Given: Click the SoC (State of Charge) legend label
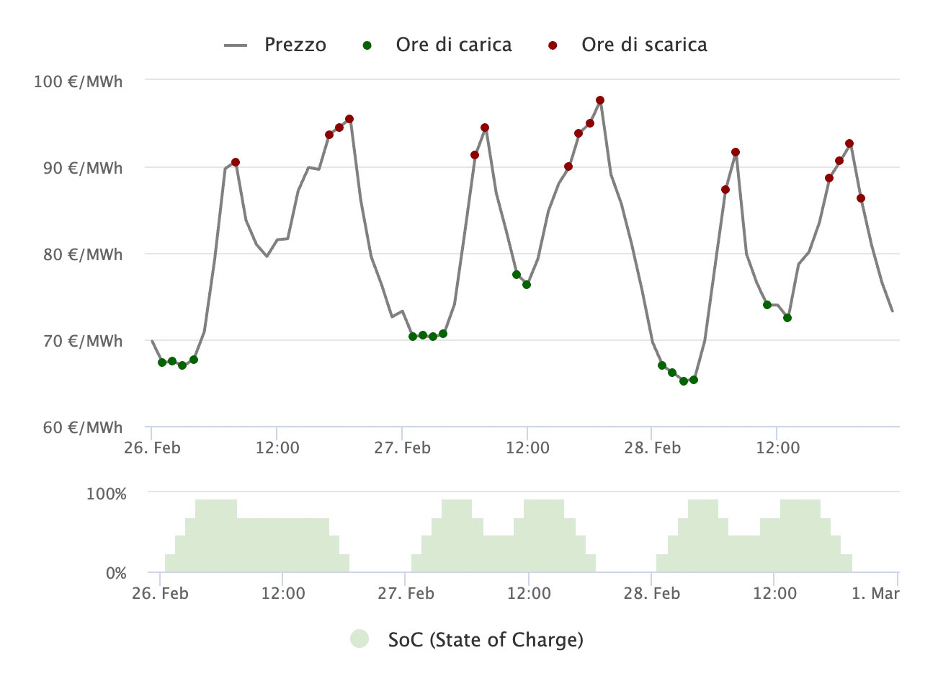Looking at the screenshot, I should [x=485, y=639].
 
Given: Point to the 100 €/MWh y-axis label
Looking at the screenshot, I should [x=78, y=81].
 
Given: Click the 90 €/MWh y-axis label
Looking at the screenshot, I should [x=78, y=168].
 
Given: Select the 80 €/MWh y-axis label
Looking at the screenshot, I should [x=78, y=254].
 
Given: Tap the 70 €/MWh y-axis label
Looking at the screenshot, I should [x=78, y=341].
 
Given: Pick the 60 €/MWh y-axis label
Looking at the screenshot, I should [x=78, y=427].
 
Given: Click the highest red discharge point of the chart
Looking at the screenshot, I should [x=600, y=100].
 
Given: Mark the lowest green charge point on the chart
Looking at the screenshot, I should [x=684, y=381].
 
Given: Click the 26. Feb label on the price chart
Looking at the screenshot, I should [x=152, y=448].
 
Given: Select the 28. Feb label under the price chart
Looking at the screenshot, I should [x=652, y=448].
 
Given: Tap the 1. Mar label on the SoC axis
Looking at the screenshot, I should [x=875, y=593].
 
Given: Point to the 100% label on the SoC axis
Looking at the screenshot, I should [x=106, y=494].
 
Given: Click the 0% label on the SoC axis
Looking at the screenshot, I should [x=116, y=573].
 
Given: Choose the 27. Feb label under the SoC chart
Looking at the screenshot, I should [x=406, y=593].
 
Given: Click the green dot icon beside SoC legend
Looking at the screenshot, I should [x=359, y=639].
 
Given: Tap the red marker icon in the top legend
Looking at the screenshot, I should [x=553, y=45].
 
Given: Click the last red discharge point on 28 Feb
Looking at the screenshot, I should [x=861, y=198].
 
